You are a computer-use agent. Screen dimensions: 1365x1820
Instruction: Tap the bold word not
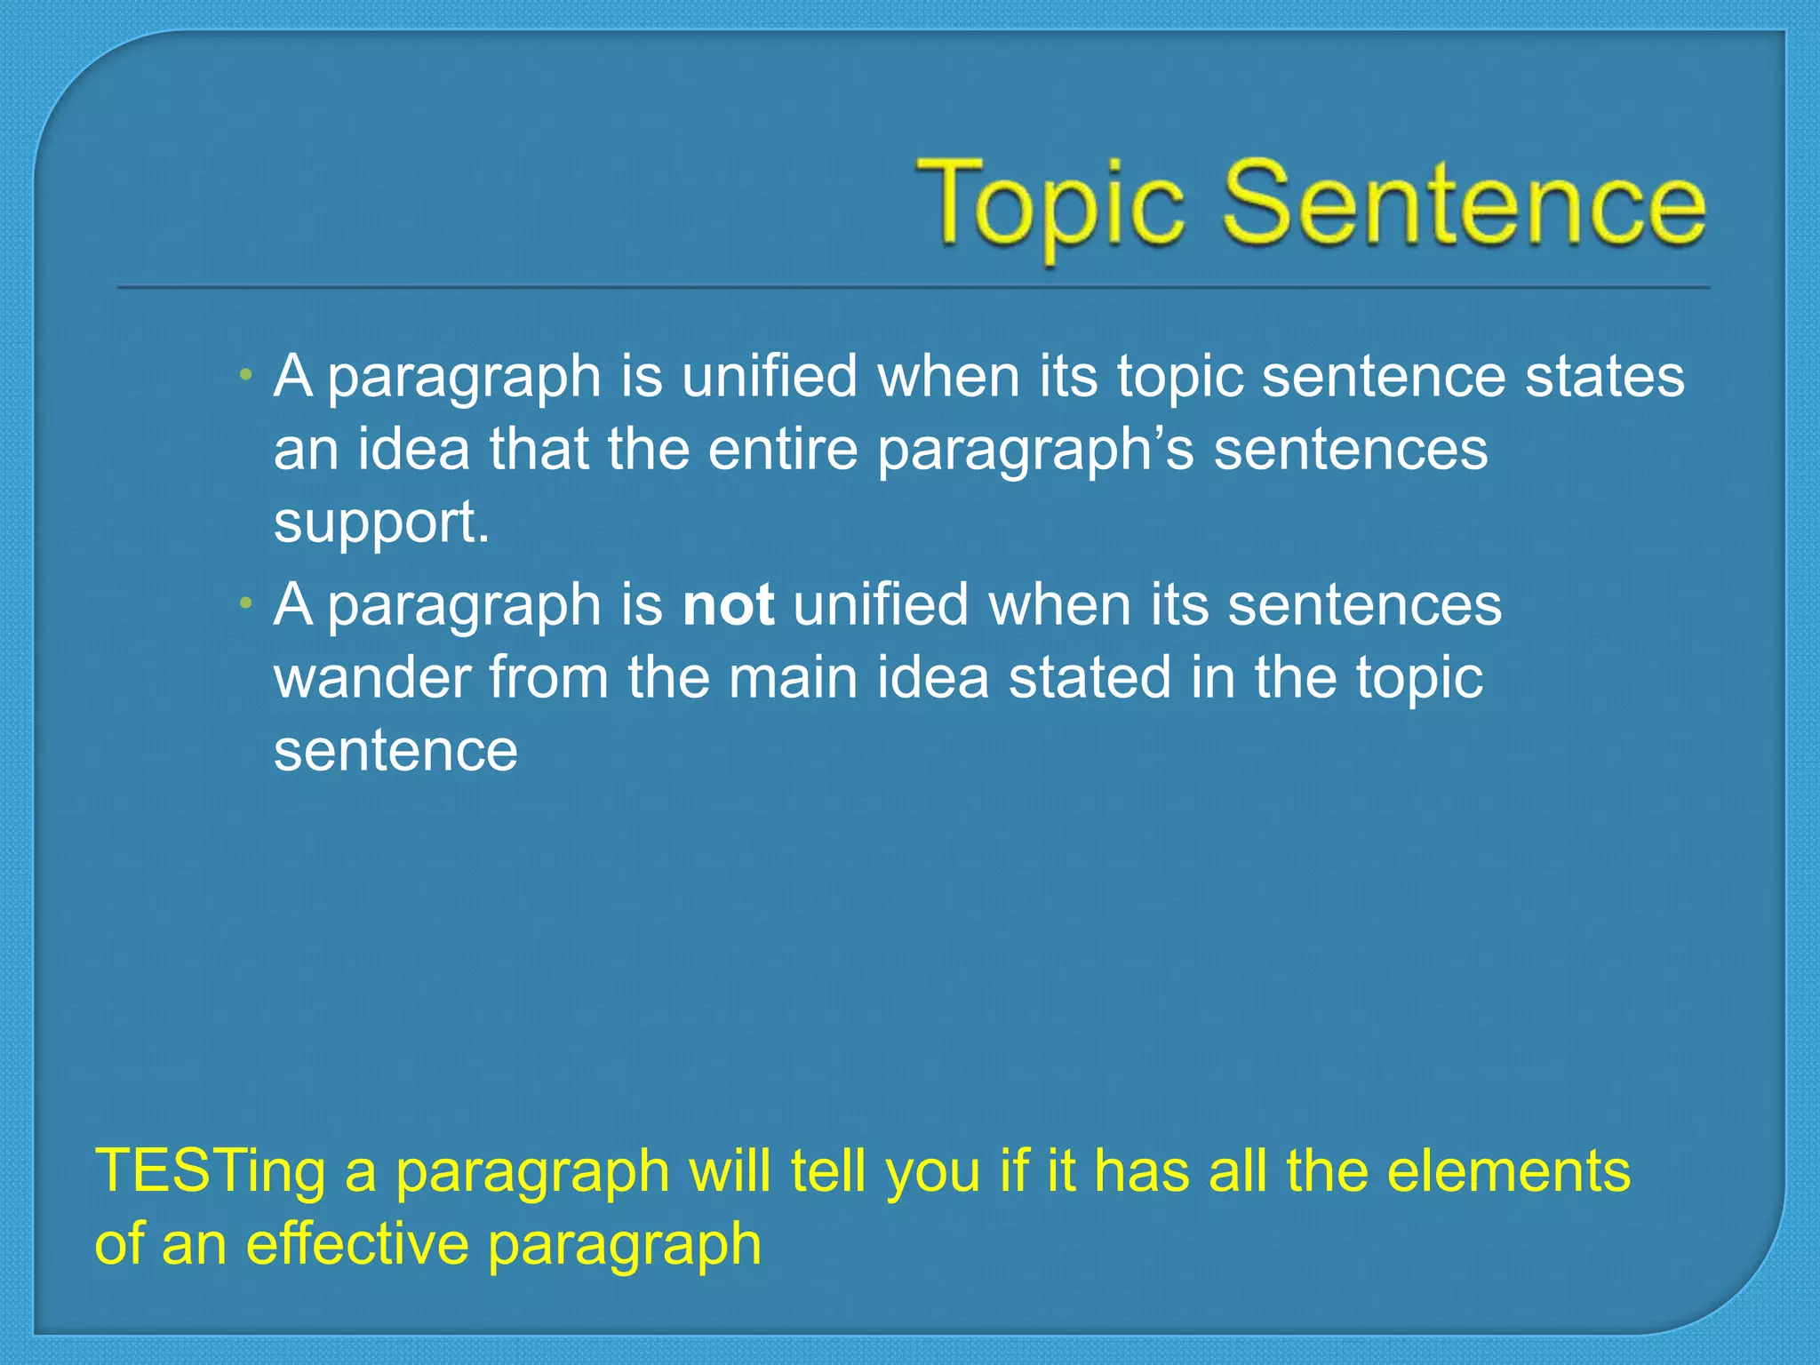728,605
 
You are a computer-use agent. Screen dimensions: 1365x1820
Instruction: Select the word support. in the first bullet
381,524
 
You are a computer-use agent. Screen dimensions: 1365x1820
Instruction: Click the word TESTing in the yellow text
210,1171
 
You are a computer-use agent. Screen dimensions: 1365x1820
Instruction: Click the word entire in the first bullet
782,449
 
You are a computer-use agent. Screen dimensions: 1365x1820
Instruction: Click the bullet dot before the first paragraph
245,376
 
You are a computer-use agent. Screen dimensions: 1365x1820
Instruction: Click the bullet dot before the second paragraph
245,605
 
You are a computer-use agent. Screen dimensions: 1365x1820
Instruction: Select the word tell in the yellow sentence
827,1171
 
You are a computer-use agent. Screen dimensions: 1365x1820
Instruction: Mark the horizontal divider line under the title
914,287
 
